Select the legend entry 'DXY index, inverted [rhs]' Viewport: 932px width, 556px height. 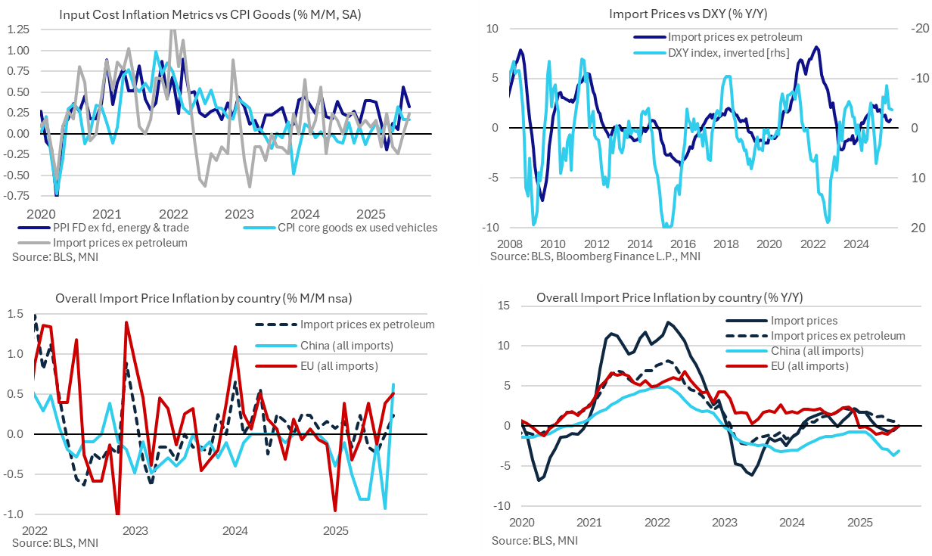[724, 52]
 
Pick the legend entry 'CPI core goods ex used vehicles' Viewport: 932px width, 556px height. [358, 228]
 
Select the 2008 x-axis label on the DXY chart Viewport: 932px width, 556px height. [508, 244]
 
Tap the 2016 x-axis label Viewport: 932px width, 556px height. [683, 244]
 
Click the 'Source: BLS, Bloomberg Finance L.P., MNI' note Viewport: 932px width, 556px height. [595, 257]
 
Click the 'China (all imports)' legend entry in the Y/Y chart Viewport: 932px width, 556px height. [817, 351]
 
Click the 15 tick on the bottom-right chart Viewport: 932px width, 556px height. [504, 306]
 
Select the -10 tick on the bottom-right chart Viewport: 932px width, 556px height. [502, 506]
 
